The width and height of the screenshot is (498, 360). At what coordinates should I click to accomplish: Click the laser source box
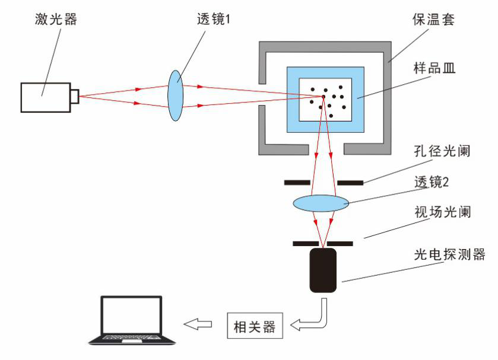coord(45,97)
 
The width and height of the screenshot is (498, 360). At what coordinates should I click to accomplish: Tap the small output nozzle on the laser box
coord(75,96)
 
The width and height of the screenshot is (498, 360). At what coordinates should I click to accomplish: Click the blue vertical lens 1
coord(176,95)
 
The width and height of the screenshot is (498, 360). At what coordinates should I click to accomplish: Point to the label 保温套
coord(433,20)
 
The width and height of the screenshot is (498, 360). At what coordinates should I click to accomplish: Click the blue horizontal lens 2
coord(321,203)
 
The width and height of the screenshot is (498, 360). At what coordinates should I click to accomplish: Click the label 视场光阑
coord(442,212)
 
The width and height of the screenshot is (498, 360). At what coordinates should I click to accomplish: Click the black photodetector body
coord(323,270)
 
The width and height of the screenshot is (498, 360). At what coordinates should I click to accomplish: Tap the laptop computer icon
coord(132,320)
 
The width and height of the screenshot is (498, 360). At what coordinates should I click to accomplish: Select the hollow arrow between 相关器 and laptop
coord(198,324)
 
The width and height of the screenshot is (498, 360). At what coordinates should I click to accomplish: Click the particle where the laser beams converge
coord(323,97)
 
